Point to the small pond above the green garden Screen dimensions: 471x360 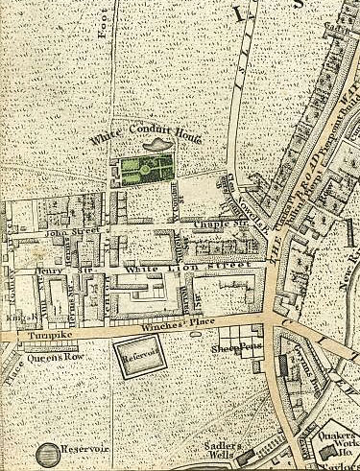(x=153, y=144)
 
